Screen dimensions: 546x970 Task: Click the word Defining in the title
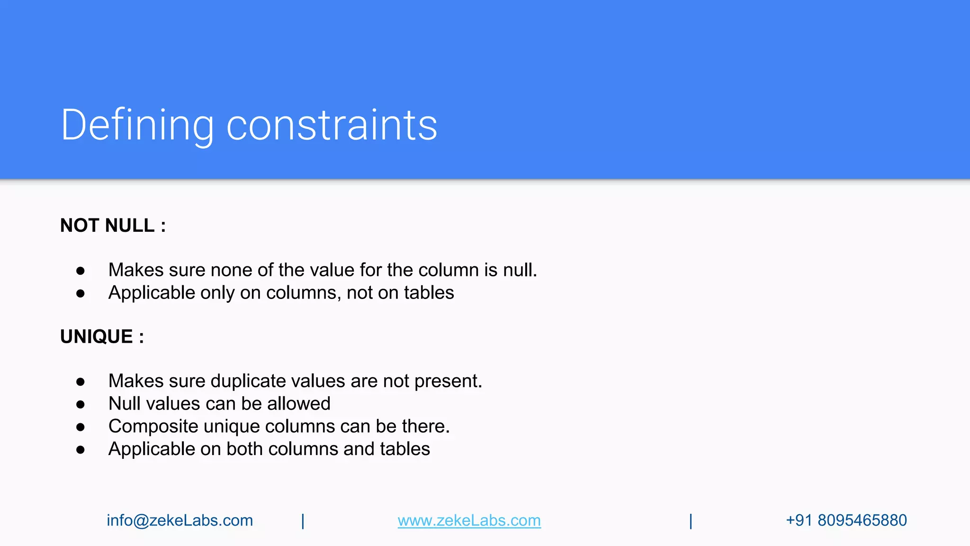coord(137,125)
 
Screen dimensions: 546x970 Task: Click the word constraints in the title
coord(332,125)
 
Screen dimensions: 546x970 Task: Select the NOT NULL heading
coord(113,226)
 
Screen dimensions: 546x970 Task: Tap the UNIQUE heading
coord(102,337)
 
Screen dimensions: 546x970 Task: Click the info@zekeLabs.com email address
coord(180,520)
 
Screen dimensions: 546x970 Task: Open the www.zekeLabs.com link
coord(469,520)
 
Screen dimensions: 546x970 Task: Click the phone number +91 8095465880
coord(846,520)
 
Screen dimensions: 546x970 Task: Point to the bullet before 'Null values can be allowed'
coord(81,404)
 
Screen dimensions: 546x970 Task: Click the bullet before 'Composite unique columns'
coord(81,427)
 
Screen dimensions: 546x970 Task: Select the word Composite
coord(153,427)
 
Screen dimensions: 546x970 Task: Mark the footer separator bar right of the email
coord(303,521)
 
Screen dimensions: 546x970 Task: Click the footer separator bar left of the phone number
coord(691,521)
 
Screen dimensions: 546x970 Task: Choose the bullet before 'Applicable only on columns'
coord(81,293)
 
